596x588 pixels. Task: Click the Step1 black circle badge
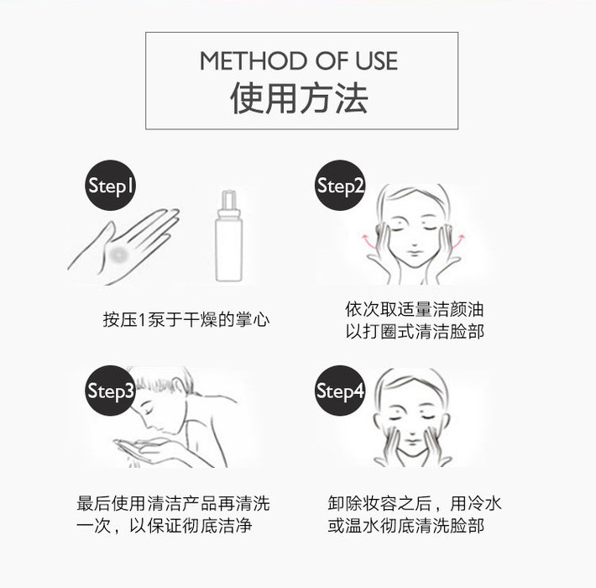tap(110, 186)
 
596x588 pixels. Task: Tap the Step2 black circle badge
tap(340, 186)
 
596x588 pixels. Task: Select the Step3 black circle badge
tap(110, 391)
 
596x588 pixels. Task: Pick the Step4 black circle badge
tap(340, 391)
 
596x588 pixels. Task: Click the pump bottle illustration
tap(228, 236)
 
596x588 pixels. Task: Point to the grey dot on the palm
tap(118, 253)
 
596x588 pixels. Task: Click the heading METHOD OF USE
tap(299, 60)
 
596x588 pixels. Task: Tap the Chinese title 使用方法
tap(299, 98)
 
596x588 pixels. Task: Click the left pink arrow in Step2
tap(367, 241)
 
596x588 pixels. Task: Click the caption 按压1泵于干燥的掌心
tap(186, 319)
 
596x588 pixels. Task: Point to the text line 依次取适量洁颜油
tap(415, 309)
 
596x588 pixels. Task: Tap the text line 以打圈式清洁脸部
tap(415, 331)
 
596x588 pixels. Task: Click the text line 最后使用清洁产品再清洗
tap(173, 503)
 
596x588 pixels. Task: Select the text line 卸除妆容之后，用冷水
tap(415, 503)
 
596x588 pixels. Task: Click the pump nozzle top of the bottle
tap(228, 200)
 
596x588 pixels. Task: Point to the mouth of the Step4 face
tap(413, 443)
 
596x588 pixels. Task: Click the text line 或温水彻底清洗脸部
tap(406, 526)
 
